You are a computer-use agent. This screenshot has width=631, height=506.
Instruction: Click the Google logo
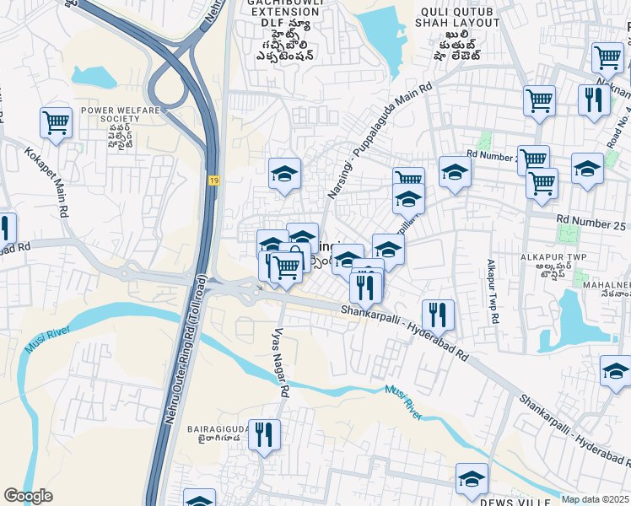tap(28, 496)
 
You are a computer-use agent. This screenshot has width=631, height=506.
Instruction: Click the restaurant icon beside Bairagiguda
tap(265, 435)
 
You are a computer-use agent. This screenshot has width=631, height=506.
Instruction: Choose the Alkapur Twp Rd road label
tap(491, 292)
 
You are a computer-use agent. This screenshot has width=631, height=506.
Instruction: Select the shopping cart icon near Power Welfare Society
tap(56, 122)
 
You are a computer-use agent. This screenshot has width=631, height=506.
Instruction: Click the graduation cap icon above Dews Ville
tap(472, 478)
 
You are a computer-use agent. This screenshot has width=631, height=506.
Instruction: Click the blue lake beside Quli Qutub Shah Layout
tap(387, 34)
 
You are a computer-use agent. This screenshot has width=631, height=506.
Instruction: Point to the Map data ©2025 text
tap(594, 499)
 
